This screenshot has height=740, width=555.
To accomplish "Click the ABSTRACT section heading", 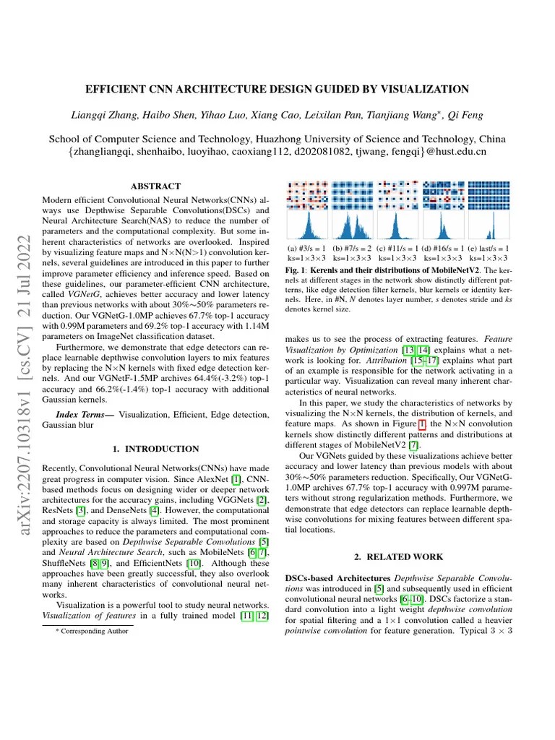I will point(155,186).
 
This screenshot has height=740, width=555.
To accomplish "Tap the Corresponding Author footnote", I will point(92,631).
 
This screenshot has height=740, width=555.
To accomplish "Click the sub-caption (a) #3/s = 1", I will point(307,248).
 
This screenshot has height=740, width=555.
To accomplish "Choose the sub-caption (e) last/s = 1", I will point(489,248).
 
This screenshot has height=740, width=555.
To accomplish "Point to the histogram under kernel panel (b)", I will point(352,225).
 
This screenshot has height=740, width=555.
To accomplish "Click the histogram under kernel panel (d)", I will point(443,225).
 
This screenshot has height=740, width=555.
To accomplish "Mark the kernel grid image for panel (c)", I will point(397,194).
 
